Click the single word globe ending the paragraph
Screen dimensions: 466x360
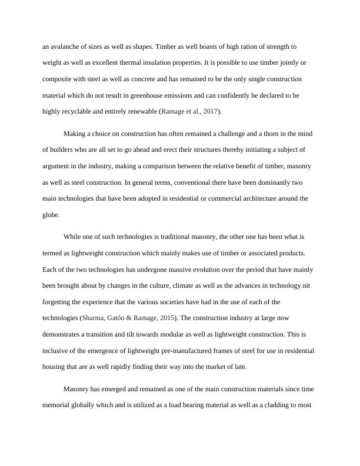[x=51, y=215]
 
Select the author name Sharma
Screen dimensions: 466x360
[x=94, y=318]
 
